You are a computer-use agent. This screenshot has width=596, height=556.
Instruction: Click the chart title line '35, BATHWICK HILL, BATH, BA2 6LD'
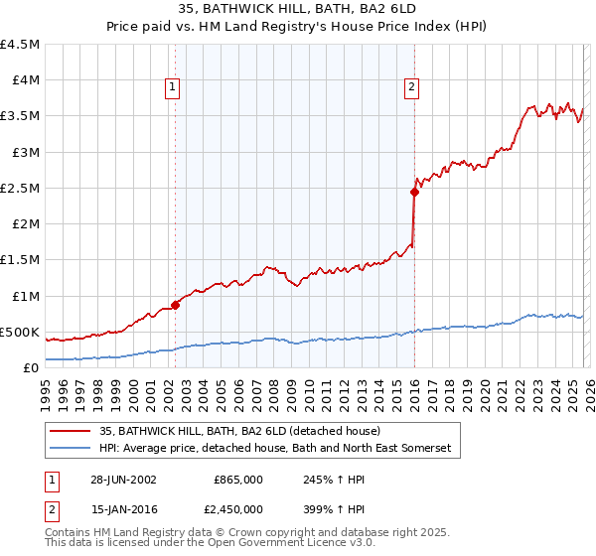click(x=297, y=9)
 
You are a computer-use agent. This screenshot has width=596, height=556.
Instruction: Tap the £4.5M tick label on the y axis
click(x=20, y=45)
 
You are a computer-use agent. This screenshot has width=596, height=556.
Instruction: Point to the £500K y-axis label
click(x=20, y=332)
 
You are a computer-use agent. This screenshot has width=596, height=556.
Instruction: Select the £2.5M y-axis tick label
click(x=20, y=188)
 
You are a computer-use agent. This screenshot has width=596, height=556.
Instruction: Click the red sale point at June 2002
click(x=176, y=305)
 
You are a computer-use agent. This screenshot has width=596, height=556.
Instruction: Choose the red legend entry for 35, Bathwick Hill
click(x=239, y=431)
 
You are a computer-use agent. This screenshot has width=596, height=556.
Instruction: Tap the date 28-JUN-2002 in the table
click(x=122, y=479)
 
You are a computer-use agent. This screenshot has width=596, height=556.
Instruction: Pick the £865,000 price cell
click(x=237, y=479)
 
